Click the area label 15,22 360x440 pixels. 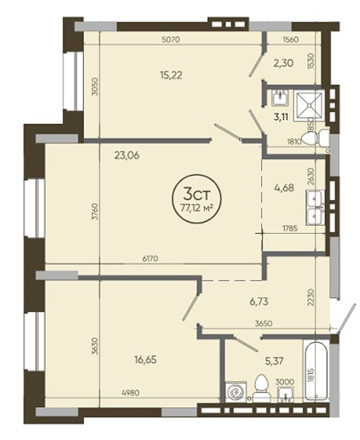[171, 75]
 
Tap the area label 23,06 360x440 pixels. [127, 155]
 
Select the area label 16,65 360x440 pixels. [145, 359]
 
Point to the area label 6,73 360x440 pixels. [259, 302]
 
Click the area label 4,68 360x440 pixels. [283, 188]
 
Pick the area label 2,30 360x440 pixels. [283, 63]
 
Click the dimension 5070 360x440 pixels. [170, 40]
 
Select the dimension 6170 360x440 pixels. [150, 258]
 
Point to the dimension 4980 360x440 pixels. [130, 393]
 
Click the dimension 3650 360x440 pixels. [264, 323]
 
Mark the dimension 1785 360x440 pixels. [290, 229]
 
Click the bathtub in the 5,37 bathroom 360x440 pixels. [315, 370]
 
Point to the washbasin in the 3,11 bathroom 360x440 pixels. [279, 98]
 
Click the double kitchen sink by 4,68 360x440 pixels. [315, 208]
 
